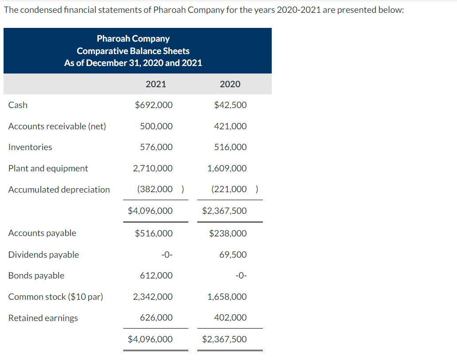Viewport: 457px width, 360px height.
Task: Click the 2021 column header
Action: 156,84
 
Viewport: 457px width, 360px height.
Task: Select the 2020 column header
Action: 230,84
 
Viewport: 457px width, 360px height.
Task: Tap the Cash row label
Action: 18,105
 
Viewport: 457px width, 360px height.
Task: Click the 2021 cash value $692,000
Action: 154,105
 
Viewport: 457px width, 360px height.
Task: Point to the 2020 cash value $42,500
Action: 230,105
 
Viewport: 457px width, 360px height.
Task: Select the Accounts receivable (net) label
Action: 57,126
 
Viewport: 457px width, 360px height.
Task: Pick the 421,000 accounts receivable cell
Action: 230,126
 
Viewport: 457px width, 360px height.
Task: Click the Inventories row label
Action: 30,147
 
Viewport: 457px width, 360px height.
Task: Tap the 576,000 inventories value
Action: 156,147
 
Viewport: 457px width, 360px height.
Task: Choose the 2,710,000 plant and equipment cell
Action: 153,168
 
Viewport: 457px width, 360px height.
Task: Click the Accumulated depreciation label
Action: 59,190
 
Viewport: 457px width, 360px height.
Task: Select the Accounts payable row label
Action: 42,233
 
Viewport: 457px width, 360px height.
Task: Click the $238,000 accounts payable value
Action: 228,233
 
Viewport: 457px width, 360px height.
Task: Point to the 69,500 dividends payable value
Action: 233,255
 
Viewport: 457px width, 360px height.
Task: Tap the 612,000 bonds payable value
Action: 156,275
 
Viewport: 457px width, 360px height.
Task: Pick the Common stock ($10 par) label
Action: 56,297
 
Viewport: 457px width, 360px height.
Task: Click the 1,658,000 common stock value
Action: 227,297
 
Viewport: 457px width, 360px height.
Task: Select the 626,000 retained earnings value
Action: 156,317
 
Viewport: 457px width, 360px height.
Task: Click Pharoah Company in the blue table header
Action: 133,39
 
